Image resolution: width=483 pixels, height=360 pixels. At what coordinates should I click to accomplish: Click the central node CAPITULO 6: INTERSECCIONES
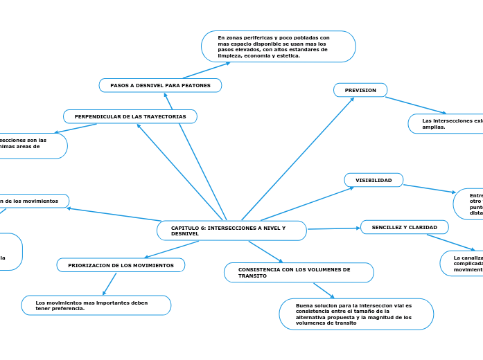231,231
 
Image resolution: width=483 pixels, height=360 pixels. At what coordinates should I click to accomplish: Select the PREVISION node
360,90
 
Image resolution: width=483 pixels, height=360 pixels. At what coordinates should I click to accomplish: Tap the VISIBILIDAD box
374,180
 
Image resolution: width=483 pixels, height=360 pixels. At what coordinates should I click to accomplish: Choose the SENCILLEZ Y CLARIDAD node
404,227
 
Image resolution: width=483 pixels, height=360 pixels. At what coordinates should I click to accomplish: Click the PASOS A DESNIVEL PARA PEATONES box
160,85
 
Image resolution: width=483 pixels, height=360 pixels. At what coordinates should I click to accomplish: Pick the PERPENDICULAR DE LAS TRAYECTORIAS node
130,116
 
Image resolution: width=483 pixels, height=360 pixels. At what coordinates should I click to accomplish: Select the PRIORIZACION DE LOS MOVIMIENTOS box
121,265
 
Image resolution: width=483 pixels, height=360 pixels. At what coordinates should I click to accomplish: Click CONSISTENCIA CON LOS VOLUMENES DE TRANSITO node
299,272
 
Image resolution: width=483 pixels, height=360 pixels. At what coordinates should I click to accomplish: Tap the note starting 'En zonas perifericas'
278,46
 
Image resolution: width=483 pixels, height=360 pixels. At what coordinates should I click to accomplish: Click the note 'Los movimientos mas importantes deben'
96,305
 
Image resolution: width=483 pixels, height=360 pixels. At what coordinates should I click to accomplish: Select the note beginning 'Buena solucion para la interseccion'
356,314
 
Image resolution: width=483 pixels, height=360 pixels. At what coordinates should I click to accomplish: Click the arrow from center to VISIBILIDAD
308,204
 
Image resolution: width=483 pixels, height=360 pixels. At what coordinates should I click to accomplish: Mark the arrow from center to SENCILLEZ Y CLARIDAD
333,228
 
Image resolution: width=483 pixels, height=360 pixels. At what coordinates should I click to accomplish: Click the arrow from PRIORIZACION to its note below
109,284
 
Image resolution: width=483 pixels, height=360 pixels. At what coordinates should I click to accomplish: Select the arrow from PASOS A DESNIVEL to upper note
206,70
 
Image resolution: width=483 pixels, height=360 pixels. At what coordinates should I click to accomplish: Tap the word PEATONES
196,85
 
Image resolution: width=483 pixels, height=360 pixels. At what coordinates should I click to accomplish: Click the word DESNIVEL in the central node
185,234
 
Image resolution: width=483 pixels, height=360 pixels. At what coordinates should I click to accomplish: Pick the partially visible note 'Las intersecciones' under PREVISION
446,123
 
